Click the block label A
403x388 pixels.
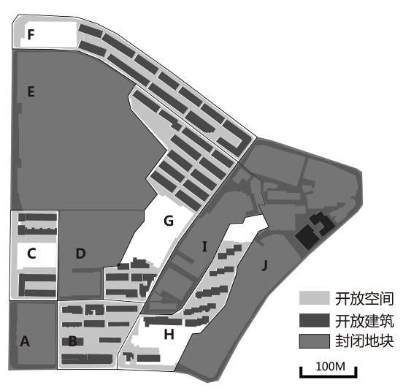[x=25, y=342]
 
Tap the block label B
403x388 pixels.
[x=73, y=341]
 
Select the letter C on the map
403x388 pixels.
[x=31, y=254]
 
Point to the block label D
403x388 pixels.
[x=81, y=254]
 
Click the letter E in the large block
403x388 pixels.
[x=31, y=91]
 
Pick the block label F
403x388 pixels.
[x=31, y=34]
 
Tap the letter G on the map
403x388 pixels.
[x=169, y=221]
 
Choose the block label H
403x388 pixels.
[x=169, y=335]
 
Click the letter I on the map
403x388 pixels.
[x=204, y=246]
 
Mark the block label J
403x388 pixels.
[x=264, y=265]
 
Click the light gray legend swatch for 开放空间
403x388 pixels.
[x=315, y=298]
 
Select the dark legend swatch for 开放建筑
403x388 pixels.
[x=315, y=320]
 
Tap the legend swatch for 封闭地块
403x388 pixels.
[x=315, y=341]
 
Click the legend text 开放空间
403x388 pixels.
[x=364, y=299]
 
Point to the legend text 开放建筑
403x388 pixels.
[x=364, y=321]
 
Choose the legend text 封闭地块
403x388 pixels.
[x=364, y=341]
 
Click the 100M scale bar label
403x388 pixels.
[x=331, y=366]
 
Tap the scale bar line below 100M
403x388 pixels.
[x=329, y=376]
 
